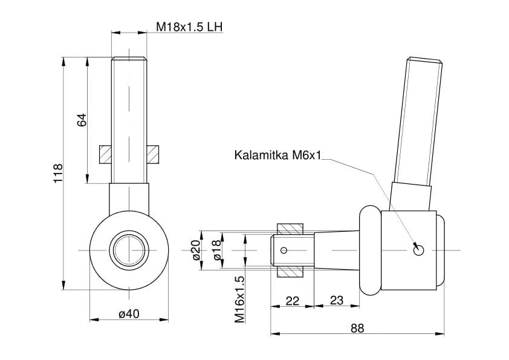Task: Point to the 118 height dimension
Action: [x=59, y=174]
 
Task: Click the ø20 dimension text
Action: [x=196, y=249]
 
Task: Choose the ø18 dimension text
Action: [x=217, y=249]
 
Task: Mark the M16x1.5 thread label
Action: [x=239, y=298]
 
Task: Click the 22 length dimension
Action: [x=293, y=301]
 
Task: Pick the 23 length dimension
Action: [x=336, y=301]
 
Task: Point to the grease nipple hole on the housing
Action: [x=419, y=250]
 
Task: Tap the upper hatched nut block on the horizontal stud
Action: [x=290, y=229]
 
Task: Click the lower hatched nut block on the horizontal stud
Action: [x=290, y=270]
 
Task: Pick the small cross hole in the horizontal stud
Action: [x=285, y=250]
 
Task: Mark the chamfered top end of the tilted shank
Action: [x=426, y=60]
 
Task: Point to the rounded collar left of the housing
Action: [x=369, y=250]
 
